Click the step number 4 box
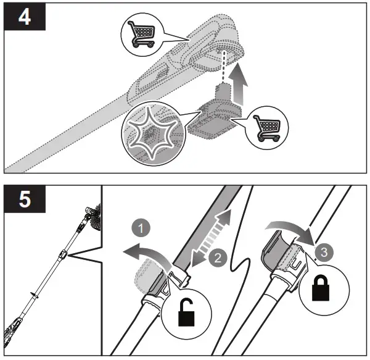25,16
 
